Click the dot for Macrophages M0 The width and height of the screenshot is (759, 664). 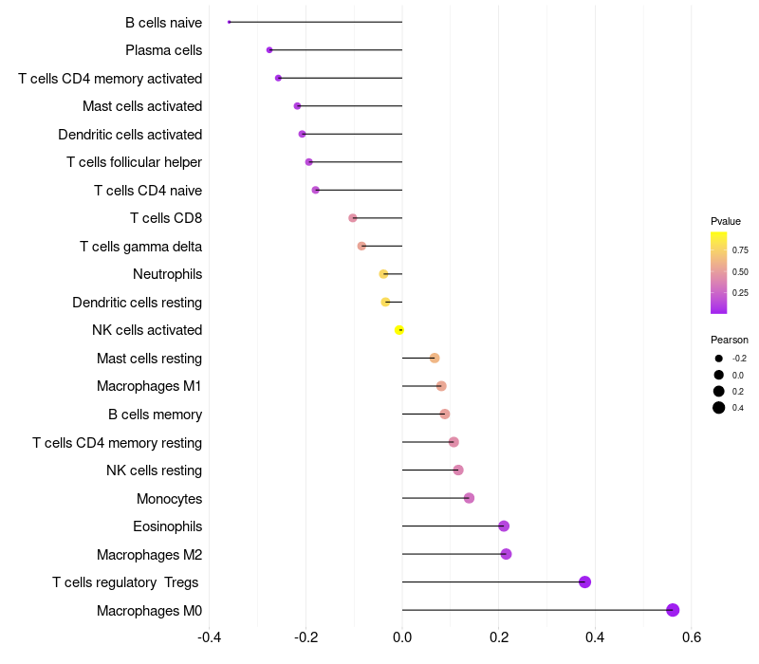point(673,610)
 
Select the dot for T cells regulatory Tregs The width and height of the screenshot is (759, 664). point(584,581)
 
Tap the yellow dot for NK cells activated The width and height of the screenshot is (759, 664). point(399,330)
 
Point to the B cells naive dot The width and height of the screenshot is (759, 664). point(230,22)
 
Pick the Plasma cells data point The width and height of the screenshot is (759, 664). point(269,49)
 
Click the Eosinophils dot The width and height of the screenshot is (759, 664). point(504,526)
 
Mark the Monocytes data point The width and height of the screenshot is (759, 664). point(469,498)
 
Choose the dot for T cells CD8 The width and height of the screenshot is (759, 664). point(353,217)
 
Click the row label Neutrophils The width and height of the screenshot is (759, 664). point(167,274)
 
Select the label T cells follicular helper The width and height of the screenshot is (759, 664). point(134,162)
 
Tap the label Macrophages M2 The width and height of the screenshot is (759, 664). point(149,554)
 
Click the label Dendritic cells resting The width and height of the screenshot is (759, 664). point(137,303)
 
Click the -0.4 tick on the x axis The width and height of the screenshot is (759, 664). point(210,636)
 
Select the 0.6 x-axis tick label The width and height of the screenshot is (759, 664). point(691,636)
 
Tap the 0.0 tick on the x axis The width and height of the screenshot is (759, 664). point(402,636)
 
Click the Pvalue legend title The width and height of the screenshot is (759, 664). point(726,221)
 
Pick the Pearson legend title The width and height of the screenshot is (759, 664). point(730,340)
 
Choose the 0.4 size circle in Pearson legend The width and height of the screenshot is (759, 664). point(719,408)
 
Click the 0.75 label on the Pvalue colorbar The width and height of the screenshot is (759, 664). point(740,250)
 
